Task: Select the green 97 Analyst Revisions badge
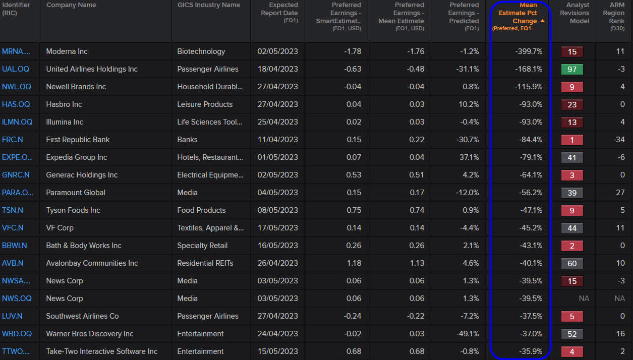572,69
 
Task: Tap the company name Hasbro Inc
64,104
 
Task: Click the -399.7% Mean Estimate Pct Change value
529,51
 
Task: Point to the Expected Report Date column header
279,13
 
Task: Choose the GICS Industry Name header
209,5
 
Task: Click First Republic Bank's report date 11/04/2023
277,140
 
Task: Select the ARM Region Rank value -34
619,140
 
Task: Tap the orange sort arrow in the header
542,21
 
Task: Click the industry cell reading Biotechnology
201,51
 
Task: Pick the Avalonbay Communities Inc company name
92,263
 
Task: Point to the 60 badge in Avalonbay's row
572,263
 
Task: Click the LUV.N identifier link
12,316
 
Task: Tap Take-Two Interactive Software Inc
102,351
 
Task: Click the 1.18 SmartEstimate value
353,263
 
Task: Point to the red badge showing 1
572,140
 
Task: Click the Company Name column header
71,5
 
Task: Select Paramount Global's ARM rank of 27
620,193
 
